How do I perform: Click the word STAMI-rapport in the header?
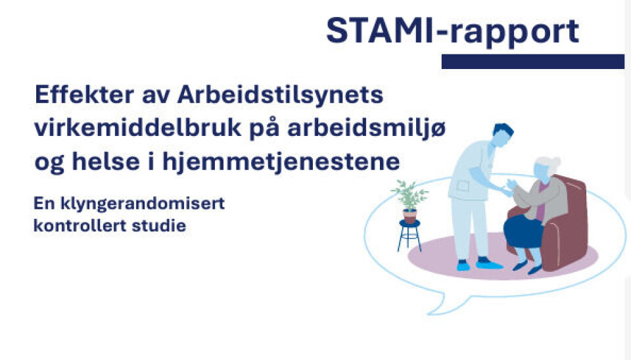(x=452, y=31)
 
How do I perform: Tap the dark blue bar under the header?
(x=533, y=62)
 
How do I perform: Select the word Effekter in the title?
(x=85, y=95)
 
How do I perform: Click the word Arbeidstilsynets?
(x=280, y=95)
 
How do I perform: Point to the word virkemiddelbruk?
(x=137, y=128)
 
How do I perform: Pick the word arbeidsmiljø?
(x=366, y=129)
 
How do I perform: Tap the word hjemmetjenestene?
(x=281, y=162)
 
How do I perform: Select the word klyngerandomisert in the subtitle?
(x=143, y=204)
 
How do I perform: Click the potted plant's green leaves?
(x=409, y=196)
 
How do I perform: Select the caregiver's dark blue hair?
(x=503, y=130)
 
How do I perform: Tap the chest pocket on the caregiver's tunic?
(x=462, y=186)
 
